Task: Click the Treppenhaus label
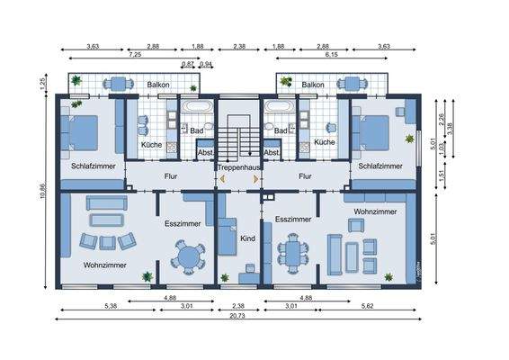pyautogui.click(x=238, y=166)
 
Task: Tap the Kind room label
pyautogui.click(x=248, y=238)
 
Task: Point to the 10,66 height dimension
pyautogui.click(x=42, y=192)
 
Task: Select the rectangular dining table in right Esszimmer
pyautogui.click(x=292, y=253)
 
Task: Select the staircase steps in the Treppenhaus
pyautogui.click(x=238, y=140)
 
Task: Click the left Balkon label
pyautogui.click(x=157, y=85)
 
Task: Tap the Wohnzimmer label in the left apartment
pyautogui.click(x=104, y=265)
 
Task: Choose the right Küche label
pyautogui.click(x=325, y=142)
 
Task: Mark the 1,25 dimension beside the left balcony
pyautogui.click(x=42, y=84)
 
